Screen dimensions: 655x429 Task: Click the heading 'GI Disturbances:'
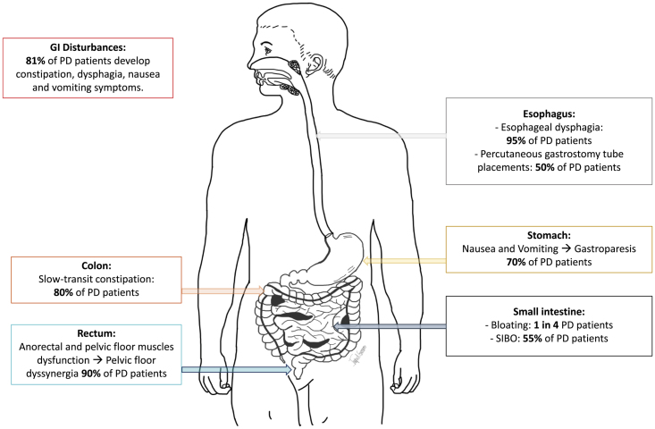[88, 47]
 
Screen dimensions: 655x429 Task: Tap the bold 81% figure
[35, 61]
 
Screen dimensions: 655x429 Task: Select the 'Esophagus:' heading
[549, 114]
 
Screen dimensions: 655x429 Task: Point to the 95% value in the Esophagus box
[516, 140]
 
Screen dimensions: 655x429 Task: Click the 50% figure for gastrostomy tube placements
[545, 167]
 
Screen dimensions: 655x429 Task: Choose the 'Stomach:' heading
[549, 235]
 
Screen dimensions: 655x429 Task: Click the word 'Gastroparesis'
[605, 249]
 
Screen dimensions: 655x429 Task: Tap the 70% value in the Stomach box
[516, 263]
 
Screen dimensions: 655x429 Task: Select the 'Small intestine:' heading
[549, 312]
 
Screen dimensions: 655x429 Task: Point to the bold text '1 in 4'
[546, 325]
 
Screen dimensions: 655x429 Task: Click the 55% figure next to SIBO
[533, 339]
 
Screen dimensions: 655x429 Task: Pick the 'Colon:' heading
[97, 265]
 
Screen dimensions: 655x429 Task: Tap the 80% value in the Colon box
[63, 292]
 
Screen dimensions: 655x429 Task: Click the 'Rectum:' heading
[97, 333]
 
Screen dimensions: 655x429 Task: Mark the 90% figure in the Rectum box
[91, 374]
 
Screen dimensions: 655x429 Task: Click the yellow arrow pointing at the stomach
[405, 261]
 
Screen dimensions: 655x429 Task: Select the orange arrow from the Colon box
[223, 290]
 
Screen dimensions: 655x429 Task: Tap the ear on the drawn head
[315, 64]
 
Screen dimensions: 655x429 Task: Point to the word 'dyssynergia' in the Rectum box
[52, 374]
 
